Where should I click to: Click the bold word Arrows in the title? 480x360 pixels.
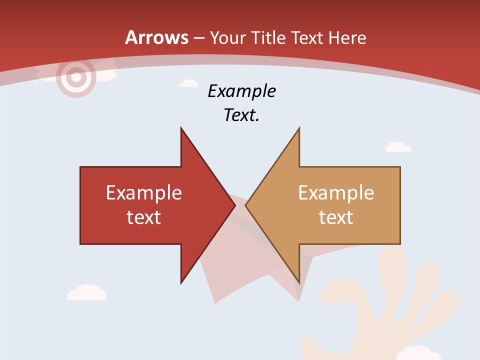tap(156, 37)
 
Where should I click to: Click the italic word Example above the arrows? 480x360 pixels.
tap(241, 91)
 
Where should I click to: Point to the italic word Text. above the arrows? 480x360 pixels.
tap(241, 115)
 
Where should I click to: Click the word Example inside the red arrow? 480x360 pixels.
tap(144, 192)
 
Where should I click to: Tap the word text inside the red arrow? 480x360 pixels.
tap(144, 217)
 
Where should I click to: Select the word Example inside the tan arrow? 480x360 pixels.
tap(336, 192)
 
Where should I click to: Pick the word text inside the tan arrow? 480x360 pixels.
tap(336, 217)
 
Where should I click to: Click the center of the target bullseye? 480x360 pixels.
tap(76, 77)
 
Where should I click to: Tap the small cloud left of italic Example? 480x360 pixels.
tap(188, 83)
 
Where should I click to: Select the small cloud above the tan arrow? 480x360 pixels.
tap(398, 147)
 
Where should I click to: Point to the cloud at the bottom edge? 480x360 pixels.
tap(418, 353)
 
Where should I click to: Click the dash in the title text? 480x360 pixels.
tap(199, 38)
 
